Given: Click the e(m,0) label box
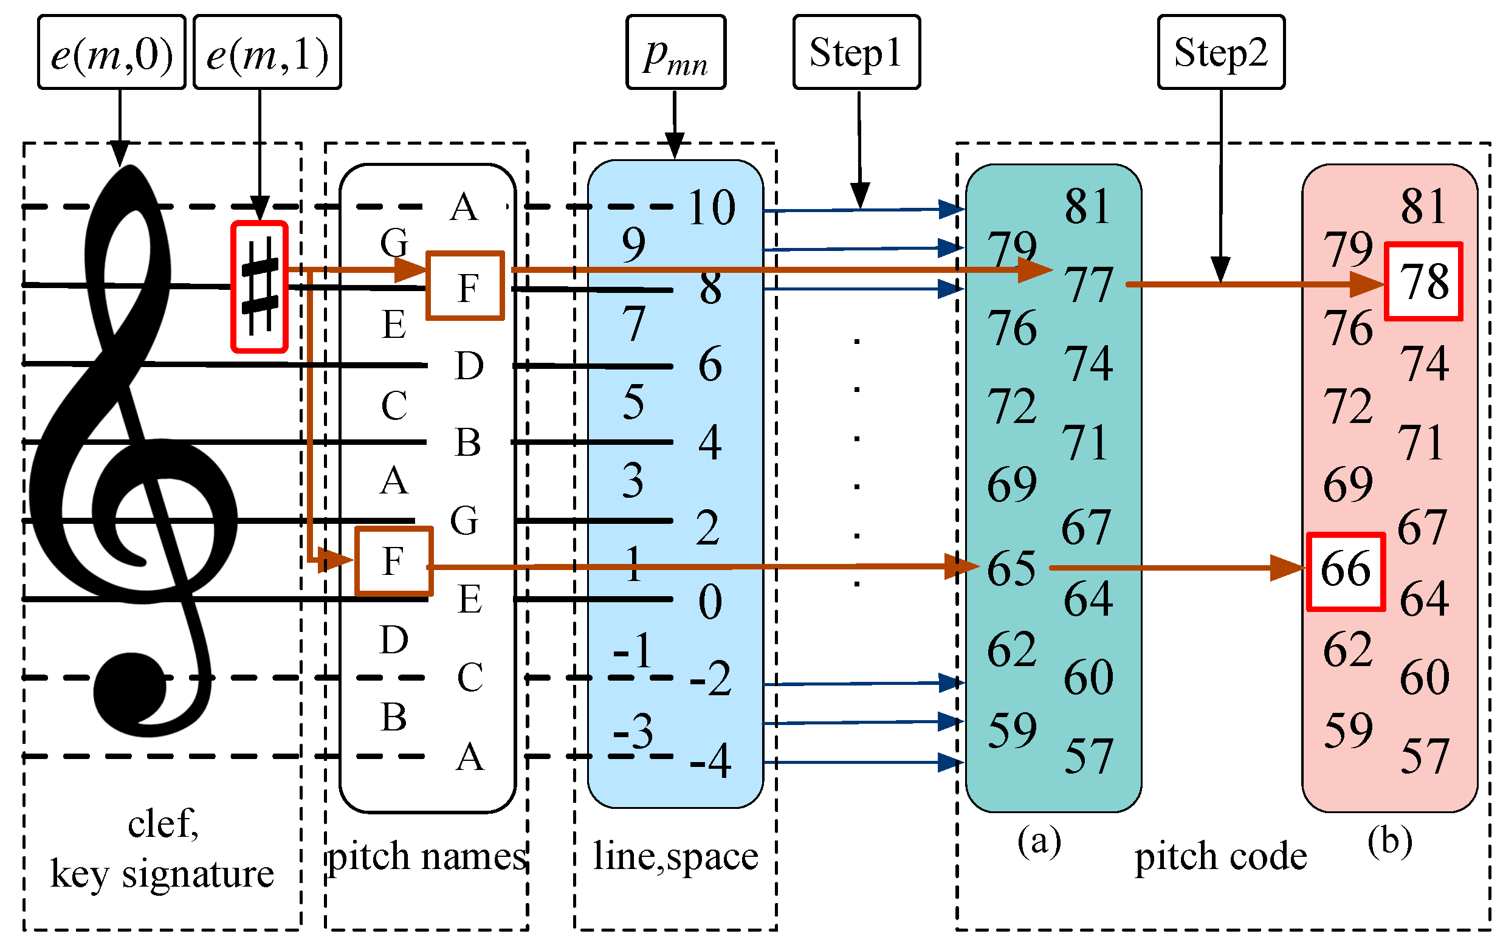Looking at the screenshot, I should (111, 52).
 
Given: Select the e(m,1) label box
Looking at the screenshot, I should (267, 52).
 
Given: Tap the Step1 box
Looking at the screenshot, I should (856, 52).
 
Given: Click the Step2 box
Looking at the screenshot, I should (1220, 52).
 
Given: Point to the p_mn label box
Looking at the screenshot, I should (675, 52).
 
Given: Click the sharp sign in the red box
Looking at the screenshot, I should (260, 286).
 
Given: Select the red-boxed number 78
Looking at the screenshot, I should (1423, 281).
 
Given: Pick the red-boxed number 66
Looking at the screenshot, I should (1345, 571).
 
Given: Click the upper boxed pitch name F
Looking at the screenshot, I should (466, 286).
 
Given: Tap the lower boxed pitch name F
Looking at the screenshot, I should (393, 561).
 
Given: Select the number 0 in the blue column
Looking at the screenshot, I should (710, 602).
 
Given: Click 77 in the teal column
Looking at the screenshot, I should (1089, 284).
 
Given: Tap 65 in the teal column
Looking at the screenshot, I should (1011, 569).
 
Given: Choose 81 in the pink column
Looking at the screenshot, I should (1423, 206).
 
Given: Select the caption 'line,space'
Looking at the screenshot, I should (675, 856).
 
